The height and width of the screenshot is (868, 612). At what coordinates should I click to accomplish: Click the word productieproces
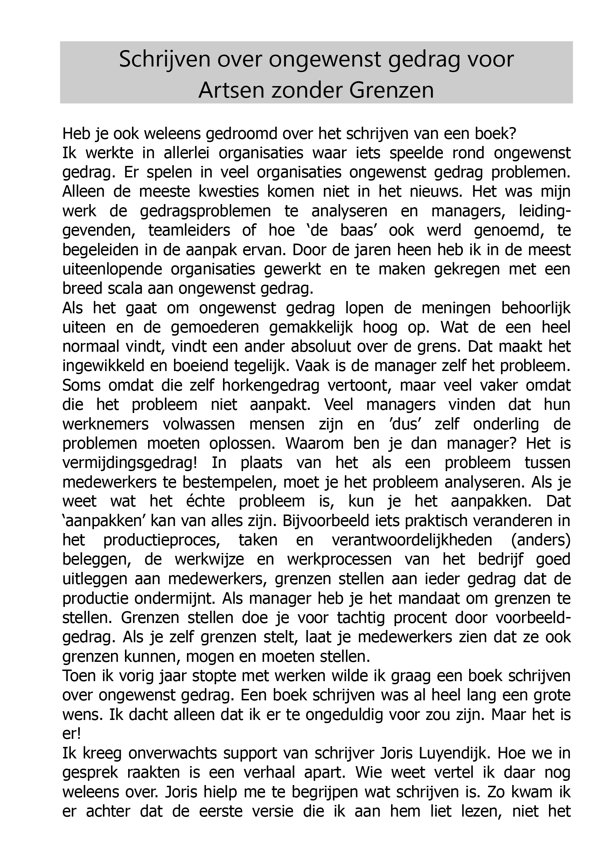click(x=162, y=541)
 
